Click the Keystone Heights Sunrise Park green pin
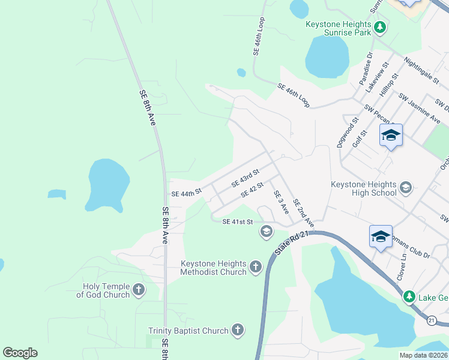pos(379,28)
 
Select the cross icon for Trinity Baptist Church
pos(238,330)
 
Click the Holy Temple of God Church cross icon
pos(139,290)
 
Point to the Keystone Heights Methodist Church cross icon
pos(256,266)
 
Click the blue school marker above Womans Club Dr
pos(381,236)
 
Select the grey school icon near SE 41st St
pos(266,231)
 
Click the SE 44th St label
pos(187,194)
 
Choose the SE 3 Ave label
pos(281,203)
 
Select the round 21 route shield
pos(432,321)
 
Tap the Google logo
pos(20,353)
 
